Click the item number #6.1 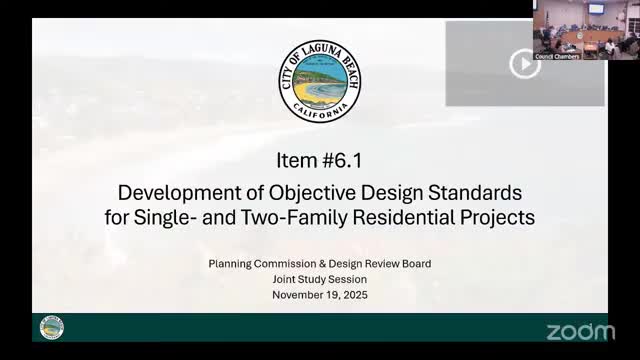coord(345,161)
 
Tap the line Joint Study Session coord(319,280)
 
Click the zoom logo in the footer coord(580,330)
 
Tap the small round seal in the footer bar coord(51,328)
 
